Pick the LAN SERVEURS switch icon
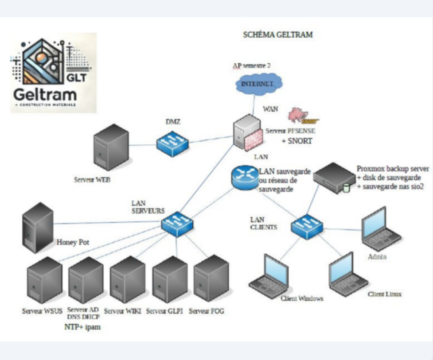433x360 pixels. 176,223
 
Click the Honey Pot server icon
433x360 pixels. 38,227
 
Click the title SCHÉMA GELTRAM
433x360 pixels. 277,35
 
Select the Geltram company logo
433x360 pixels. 53,72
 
